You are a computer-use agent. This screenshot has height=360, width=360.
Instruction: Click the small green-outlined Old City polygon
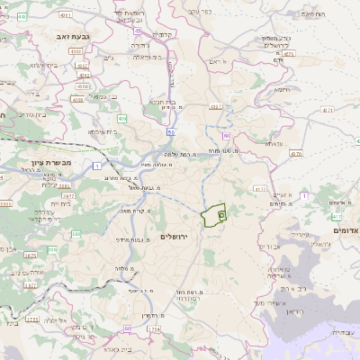coord(213,216)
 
